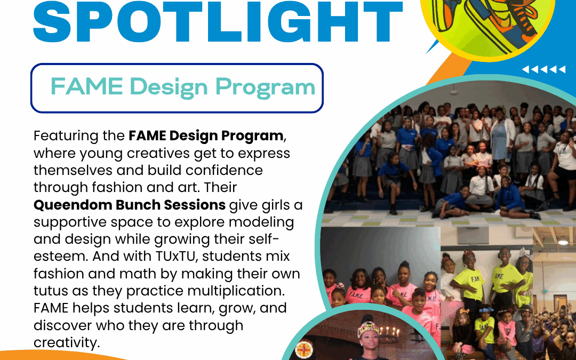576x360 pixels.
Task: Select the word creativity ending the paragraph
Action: [66, 342]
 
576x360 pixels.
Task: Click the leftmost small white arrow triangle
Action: [525, 69]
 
